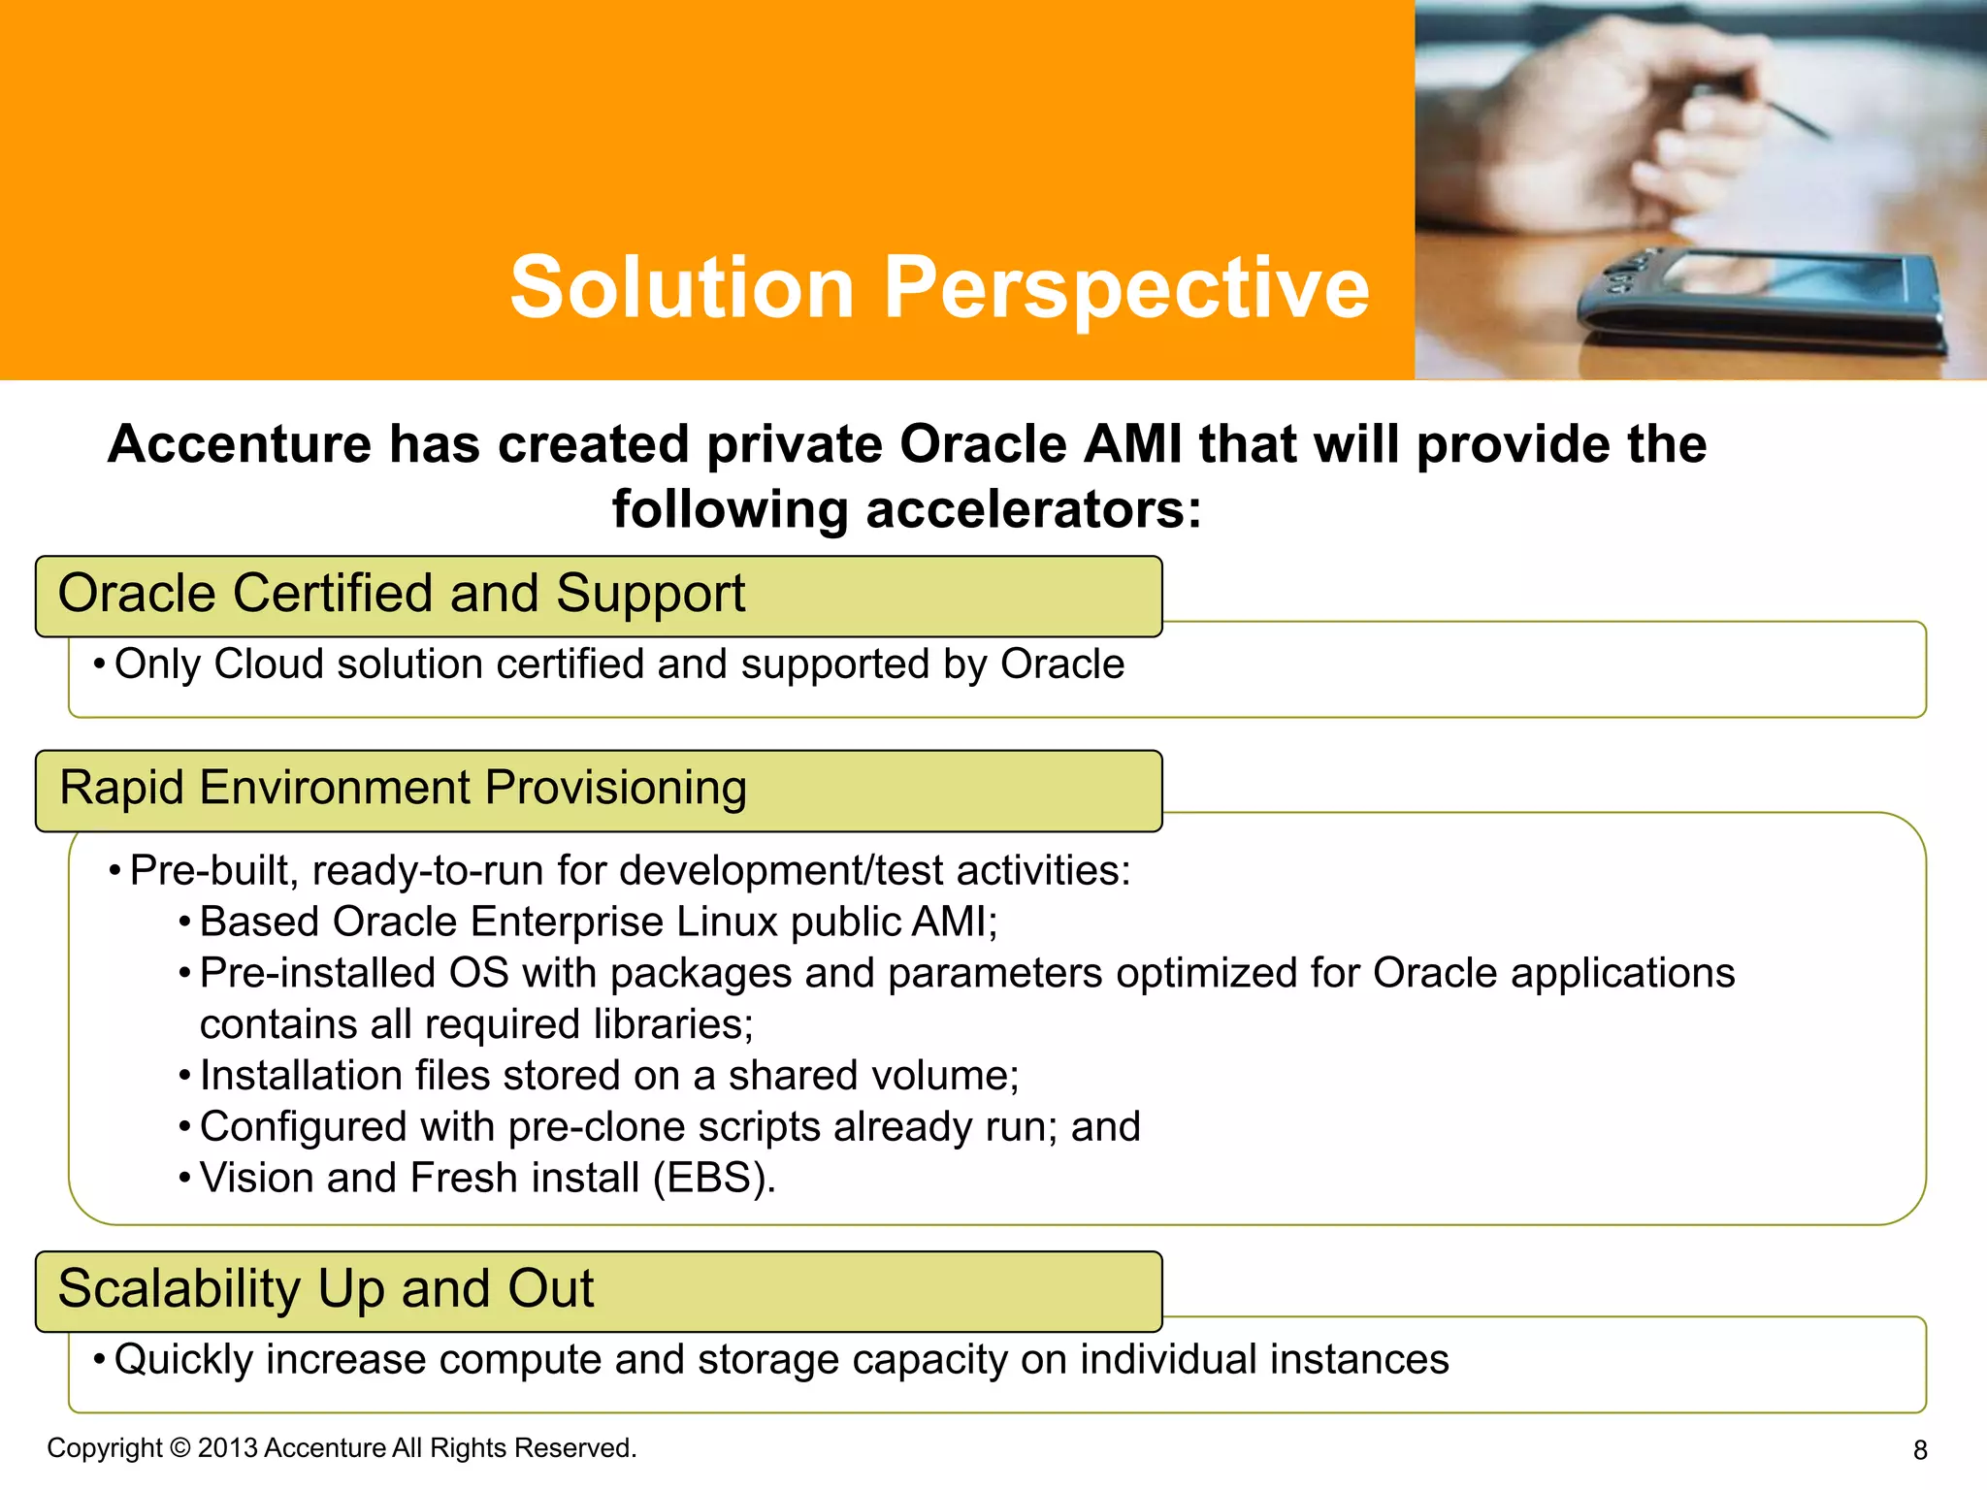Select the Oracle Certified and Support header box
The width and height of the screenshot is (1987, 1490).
[598, 596]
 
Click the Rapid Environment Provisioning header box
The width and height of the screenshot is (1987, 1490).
[598, 790]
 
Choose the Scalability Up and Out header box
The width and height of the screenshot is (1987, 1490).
[598, 1291]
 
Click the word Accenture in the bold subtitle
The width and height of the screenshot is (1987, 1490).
[239, 445]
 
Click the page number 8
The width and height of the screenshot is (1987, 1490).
[1919, 1450]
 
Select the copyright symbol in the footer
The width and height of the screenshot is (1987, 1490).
[180, 1447]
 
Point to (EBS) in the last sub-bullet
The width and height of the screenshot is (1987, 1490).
[714, 1179]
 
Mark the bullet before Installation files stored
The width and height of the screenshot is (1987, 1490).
[184, 1077]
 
